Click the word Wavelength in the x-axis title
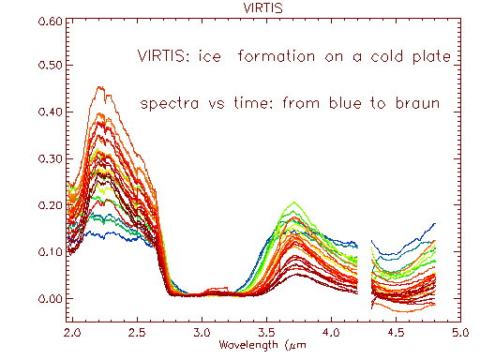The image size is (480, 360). [x=247, y=345]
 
